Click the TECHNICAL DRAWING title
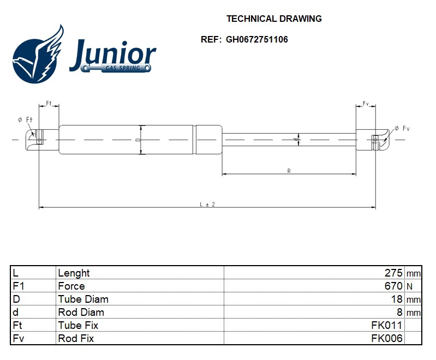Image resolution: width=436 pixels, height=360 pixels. tap(274, 19)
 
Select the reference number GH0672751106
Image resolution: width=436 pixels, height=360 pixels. tap(256, 39)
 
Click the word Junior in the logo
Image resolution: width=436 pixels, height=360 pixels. tap(112, 54)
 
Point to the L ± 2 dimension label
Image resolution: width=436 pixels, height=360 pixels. tap(207, 204)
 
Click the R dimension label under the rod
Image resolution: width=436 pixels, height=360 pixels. tap(289, 171)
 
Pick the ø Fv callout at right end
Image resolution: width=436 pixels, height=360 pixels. tap(402, 129)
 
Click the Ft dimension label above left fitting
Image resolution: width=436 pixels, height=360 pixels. tap(49, 104)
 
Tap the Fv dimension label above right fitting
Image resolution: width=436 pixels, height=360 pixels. tap(366, 104)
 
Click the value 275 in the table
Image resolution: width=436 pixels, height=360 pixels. tap(393, 273)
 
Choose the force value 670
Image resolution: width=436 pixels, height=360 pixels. tap(393, 286)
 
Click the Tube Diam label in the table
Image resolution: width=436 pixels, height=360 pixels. tap(83, 299)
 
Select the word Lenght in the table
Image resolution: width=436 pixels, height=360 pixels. tap(74, 273)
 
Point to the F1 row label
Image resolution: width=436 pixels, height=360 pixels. tap(18, 286)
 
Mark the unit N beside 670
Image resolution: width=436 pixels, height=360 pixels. tap(409, 286)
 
